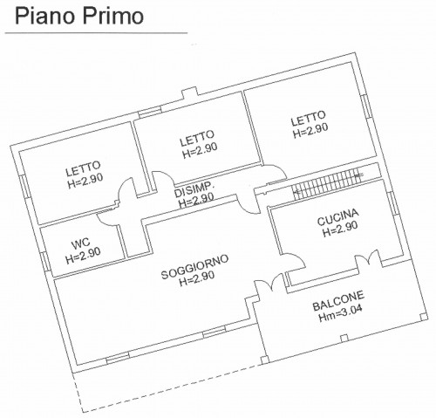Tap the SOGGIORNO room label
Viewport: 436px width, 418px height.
point(194,267)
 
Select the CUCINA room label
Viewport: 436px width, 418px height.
point(337,217)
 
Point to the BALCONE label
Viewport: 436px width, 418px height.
point(338,301)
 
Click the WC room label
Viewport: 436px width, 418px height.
point(80,244)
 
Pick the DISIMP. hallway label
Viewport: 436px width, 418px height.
point(194,189)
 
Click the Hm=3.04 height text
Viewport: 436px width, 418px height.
point(340,314)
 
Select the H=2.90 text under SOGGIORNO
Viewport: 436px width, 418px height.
point(197,278)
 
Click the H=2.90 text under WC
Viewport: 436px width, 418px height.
point(83,256)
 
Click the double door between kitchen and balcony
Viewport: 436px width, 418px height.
point(367,257)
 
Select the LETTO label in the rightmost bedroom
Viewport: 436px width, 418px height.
point(309,118)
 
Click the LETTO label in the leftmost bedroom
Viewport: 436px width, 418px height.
point(83,168)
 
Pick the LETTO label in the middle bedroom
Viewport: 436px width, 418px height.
point(197,138)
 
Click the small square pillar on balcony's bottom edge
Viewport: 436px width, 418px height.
point(344,338)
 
